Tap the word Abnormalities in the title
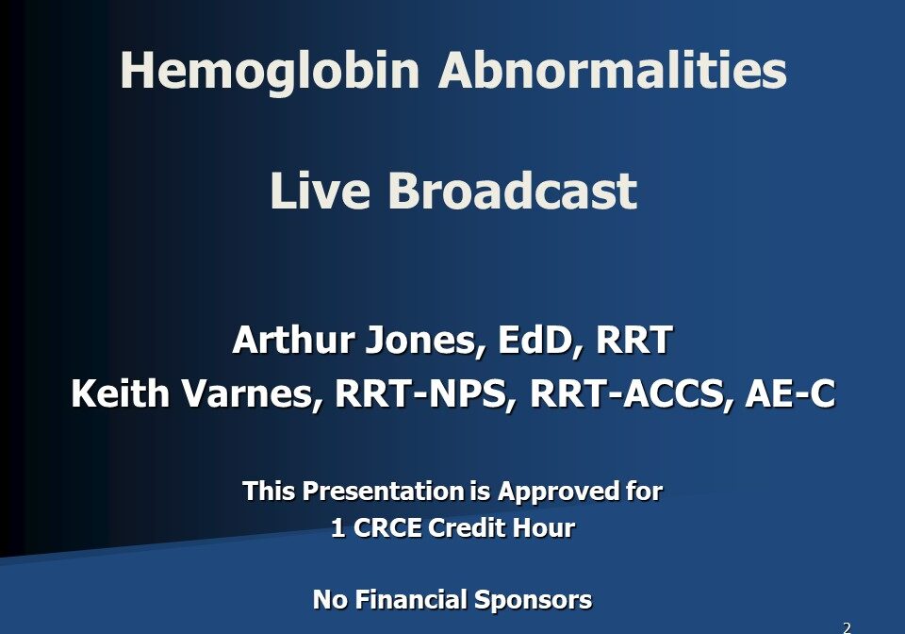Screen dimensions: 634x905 (612, 72)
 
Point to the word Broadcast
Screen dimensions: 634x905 (512, 191)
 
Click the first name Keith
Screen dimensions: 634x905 (114, 394)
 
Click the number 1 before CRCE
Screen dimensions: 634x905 (337, 528)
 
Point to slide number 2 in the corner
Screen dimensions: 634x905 (847, 626)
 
